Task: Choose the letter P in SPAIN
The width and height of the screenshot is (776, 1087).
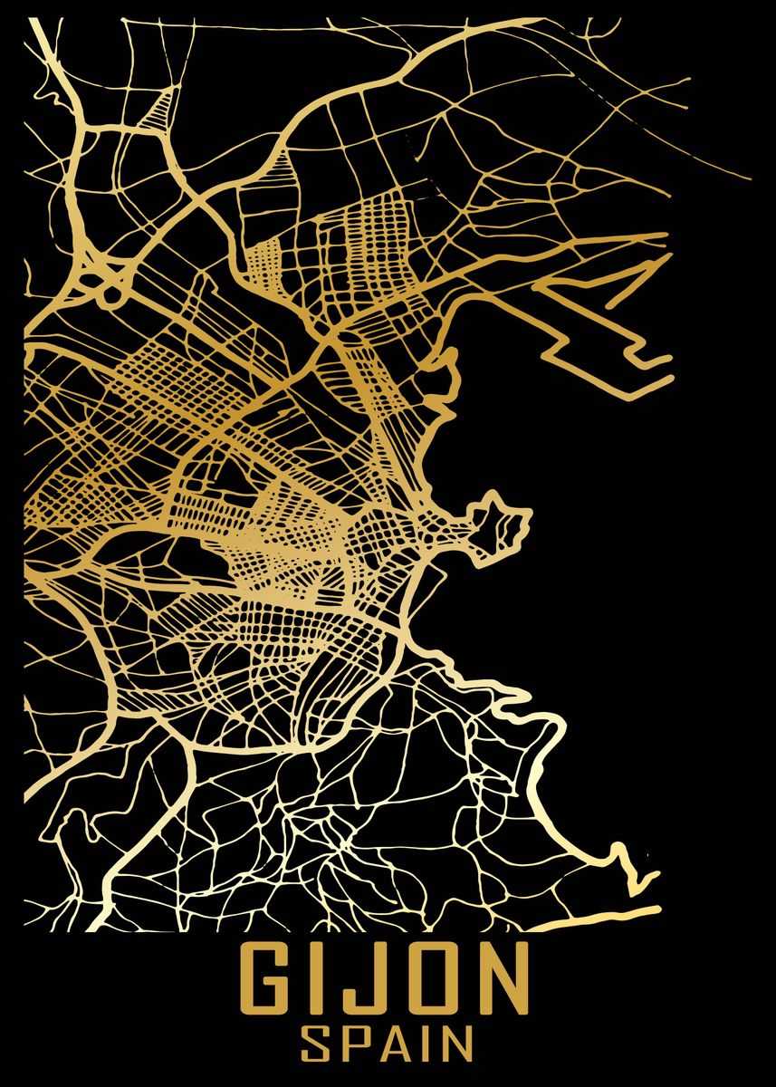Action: point(355,1043)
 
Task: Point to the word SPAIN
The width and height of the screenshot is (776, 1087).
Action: point(387,1043)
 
